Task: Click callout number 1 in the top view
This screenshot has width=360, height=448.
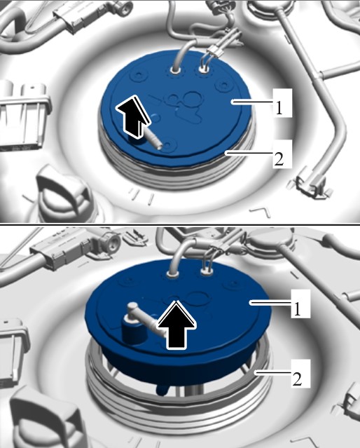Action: (x=279, y=108)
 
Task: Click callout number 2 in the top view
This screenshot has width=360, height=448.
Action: (x=279, y=159)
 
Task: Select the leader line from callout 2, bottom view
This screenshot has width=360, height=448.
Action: (x=272, y=372)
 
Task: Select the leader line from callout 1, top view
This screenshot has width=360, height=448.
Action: (x=252, y=101)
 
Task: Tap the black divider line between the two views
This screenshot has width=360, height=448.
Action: (x=180, y=225)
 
